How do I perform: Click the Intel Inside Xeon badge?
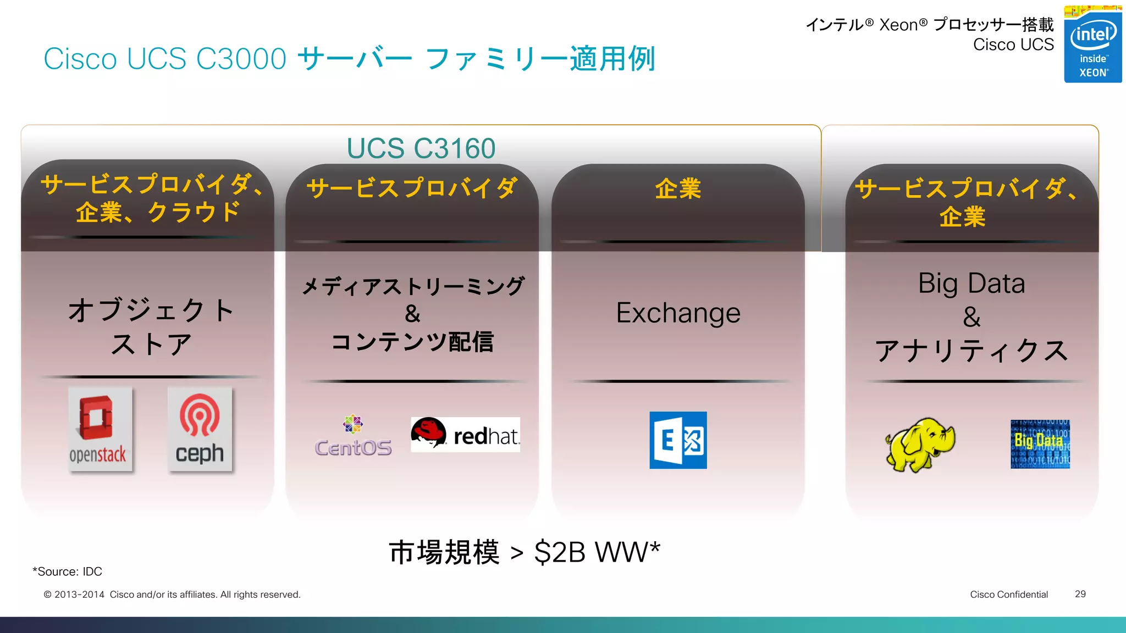(x=1092, y=45)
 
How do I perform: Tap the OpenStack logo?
(x=100, y=429)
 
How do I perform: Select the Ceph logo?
(x=200, y=429)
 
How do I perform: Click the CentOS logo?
(x=354, y=436)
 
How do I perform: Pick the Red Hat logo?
(x=465, y=434)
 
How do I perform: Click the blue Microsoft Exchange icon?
(x=678, y=440)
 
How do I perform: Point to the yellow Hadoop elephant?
(x=920, y=444)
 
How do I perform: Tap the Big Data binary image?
(x=1040, y=444)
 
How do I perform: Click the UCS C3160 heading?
(x=421, y=148)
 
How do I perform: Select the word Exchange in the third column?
(x=678, y=313)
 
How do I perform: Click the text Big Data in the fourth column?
(x=972, y=284)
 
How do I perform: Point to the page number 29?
(x=1080, y=594)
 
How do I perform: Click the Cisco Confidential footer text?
(x=1009, y=594)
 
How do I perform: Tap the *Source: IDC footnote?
(x=67, y=571)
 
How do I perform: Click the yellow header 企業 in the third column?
(x=678, y=189)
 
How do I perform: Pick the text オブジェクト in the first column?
(x=151, y=310)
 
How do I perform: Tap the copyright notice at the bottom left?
(x=172, y=595)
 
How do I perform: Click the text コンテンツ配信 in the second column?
(x=412, y=342)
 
